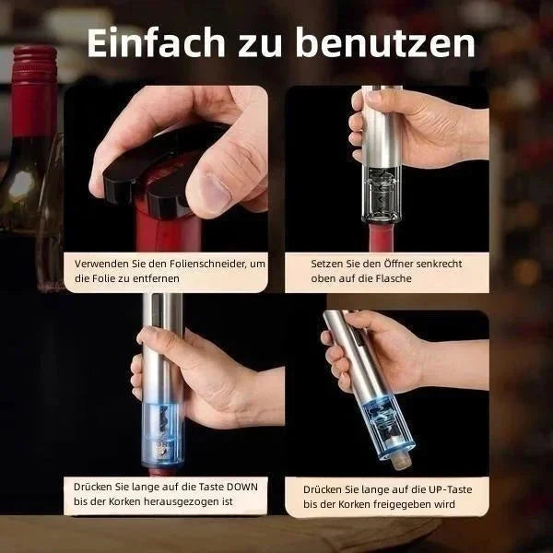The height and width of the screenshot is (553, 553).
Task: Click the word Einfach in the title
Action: tap(157, 42)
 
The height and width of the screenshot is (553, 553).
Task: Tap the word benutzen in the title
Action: tap(385, 42)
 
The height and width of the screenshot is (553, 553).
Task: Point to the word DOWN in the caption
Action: tap(241, 487)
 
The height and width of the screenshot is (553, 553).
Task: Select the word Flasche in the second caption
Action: tap(394, 278)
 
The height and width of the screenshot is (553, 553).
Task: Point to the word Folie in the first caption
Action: tap(103, 278)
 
